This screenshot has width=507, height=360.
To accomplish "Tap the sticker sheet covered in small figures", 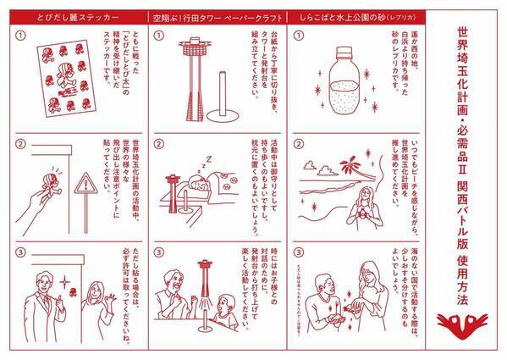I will (63, 76).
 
